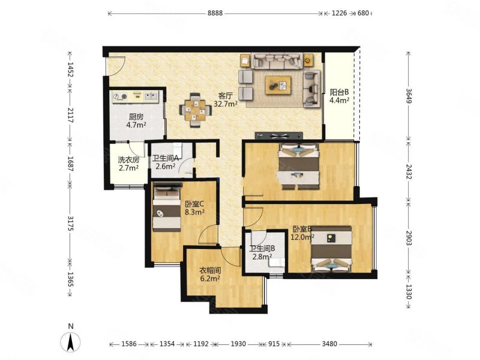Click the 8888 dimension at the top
pos(215,13)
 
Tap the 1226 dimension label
pos(339,13)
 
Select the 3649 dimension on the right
pos(409,96)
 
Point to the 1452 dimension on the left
pos(71,70)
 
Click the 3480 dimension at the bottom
pos(329,344)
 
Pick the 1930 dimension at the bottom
pos(238,344)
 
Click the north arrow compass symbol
pos(71,340)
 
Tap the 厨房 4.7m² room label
pos(136,121)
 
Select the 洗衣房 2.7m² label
pos(128,163)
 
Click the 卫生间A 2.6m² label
pos(166,162)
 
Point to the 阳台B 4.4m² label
pos(339,96)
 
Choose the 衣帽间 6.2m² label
pos(210,275)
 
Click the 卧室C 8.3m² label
pos(194,208)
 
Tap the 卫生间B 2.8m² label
pos(262,253)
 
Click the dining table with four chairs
pos(196,110)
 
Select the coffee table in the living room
pos(278,85)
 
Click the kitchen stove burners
pos(120,97)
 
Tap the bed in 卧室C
pos(167,207)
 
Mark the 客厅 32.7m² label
pos(226,100)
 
